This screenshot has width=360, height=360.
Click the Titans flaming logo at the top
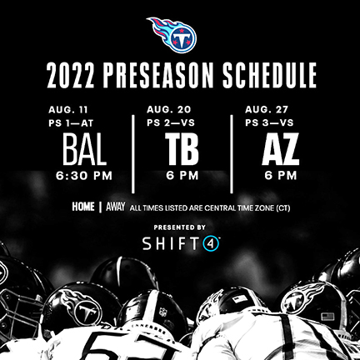tap(172, 35)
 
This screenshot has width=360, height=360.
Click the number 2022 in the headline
tap(71, 75)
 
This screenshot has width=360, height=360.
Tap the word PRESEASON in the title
tap(158, 75)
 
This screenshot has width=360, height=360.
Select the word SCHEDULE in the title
tap(269, 75)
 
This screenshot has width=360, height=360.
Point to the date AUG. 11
tap(68, 110)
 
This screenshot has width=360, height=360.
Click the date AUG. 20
tap(169, 110)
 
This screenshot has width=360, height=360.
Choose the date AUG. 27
tap(267, 110)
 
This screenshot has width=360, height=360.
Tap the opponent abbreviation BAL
tap(84, 149)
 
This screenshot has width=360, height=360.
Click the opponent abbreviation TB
tap(182, 149)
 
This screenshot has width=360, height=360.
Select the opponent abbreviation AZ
tap(281, 149)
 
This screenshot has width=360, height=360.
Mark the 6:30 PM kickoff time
tap(84, 176)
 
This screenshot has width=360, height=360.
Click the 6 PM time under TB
tap(182, 176)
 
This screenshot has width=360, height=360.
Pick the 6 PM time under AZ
tap(281, 176)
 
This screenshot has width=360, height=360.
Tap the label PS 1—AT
tap(71, 123)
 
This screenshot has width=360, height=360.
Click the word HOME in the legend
tap(83, 207)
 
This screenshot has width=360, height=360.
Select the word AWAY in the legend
tap(116, 207)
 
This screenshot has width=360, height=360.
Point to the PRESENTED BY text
tap(180, 227)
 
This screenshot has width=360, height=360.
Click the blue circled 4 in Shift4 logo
tap(212, 243)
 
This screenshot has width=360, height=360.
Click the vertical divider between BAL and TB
tap(133, 154)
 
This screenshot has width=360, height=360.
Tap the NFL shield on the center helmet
tap(163, 312)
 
